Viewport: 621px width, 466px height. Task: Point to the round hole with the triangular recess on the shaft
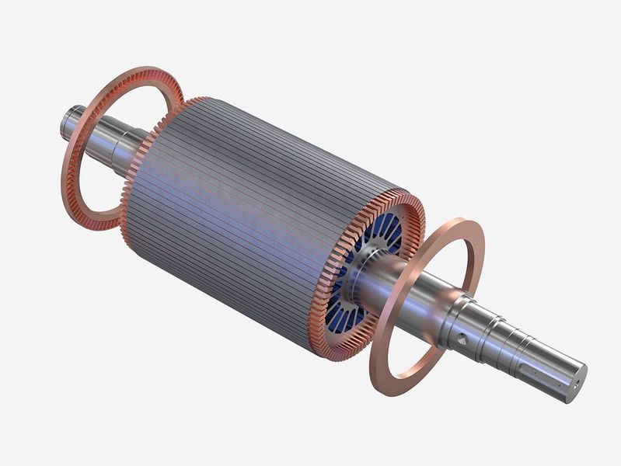465,339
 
